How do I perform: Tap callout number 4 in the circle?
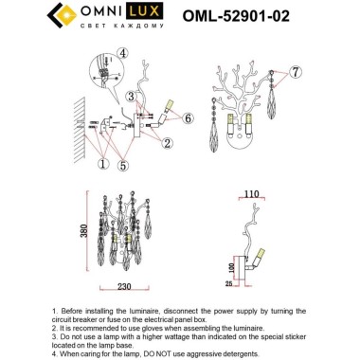pyautogui.click(x=123, y=54)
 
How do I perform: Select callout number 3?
pyautogui.click(x=130, y=97)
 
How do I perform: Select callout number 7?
pyautogui.click(x=296, y=72)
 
